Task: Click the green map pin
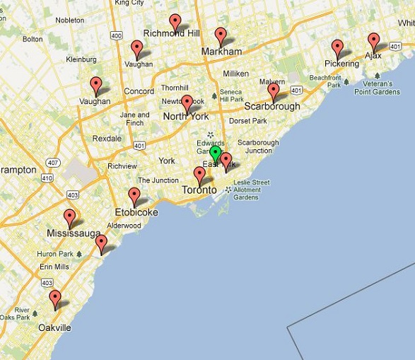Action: pyautogui.click(x=215, y=153)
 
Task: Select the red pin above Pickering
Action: pyautogui.click(x=338, y=47)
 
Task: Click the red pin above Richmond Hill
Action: pyautogui.click(x=175, y=21)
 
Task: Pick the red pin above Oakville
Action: pyautogui.click(x=55, y=298)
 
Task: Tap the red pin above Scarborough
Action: pyautogui.click(x=274, y=91)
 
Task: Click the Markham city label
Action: pyautogui.click(x=221, y=52)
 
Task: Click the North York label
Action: pyautogui.click(x=186, y=117)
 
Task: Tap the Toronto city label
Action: pyautogui.click(x=199, y=190)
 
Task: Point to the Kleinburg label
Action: pyautogui.click(x=81, y=59)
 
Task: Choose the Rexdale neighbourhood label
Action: pyautogui.click(x=107, y=139)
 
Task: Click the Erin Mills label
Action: pyautogui.click(x=54, y=267)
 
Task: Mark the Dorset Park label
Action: pyautogui.click(x=247, y=121)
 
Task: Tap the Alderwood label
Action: pyautogui.click(x=124, y=226)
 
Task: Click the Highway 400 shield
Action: pyautogui.click(x=116, y=35)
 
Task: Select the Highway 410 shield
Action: pyautogui.click(x=47, y=178)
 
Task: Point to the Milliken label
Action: pyautogui.click(x=235, y=74)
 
